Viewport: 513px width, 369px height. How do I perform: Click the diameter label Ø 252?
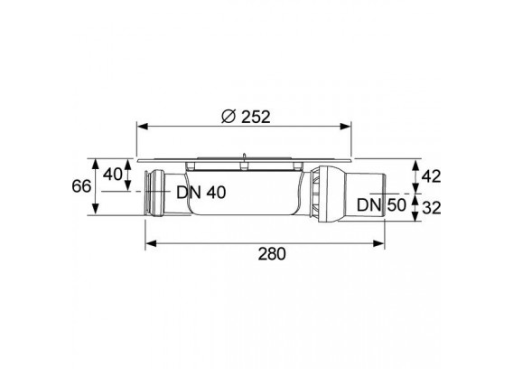coord(246,117)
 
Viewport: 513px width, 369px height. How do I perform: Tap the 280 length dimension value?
coord(272,253)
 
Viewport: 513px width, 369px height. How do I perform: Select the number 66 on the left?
coord(81,186)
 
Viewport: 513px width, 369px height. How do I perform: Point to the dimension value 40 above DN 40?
coord(113,174)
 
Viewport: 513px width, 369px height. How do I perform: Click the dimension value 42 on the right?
coord(431,176)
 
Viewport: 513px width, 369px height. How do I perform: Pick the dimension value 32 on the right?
coord(432,207)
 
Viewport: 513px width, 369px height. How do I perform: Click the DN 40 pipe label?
coord(201,193)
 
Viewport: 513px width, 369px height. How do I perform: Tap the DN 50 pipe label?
coord(381,205)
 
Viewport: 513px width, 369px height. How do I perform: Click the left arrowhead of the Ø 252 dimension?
coord(143,127)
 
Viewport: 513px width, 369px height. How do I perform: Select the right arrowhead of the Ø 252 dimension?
coord(346,127)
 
